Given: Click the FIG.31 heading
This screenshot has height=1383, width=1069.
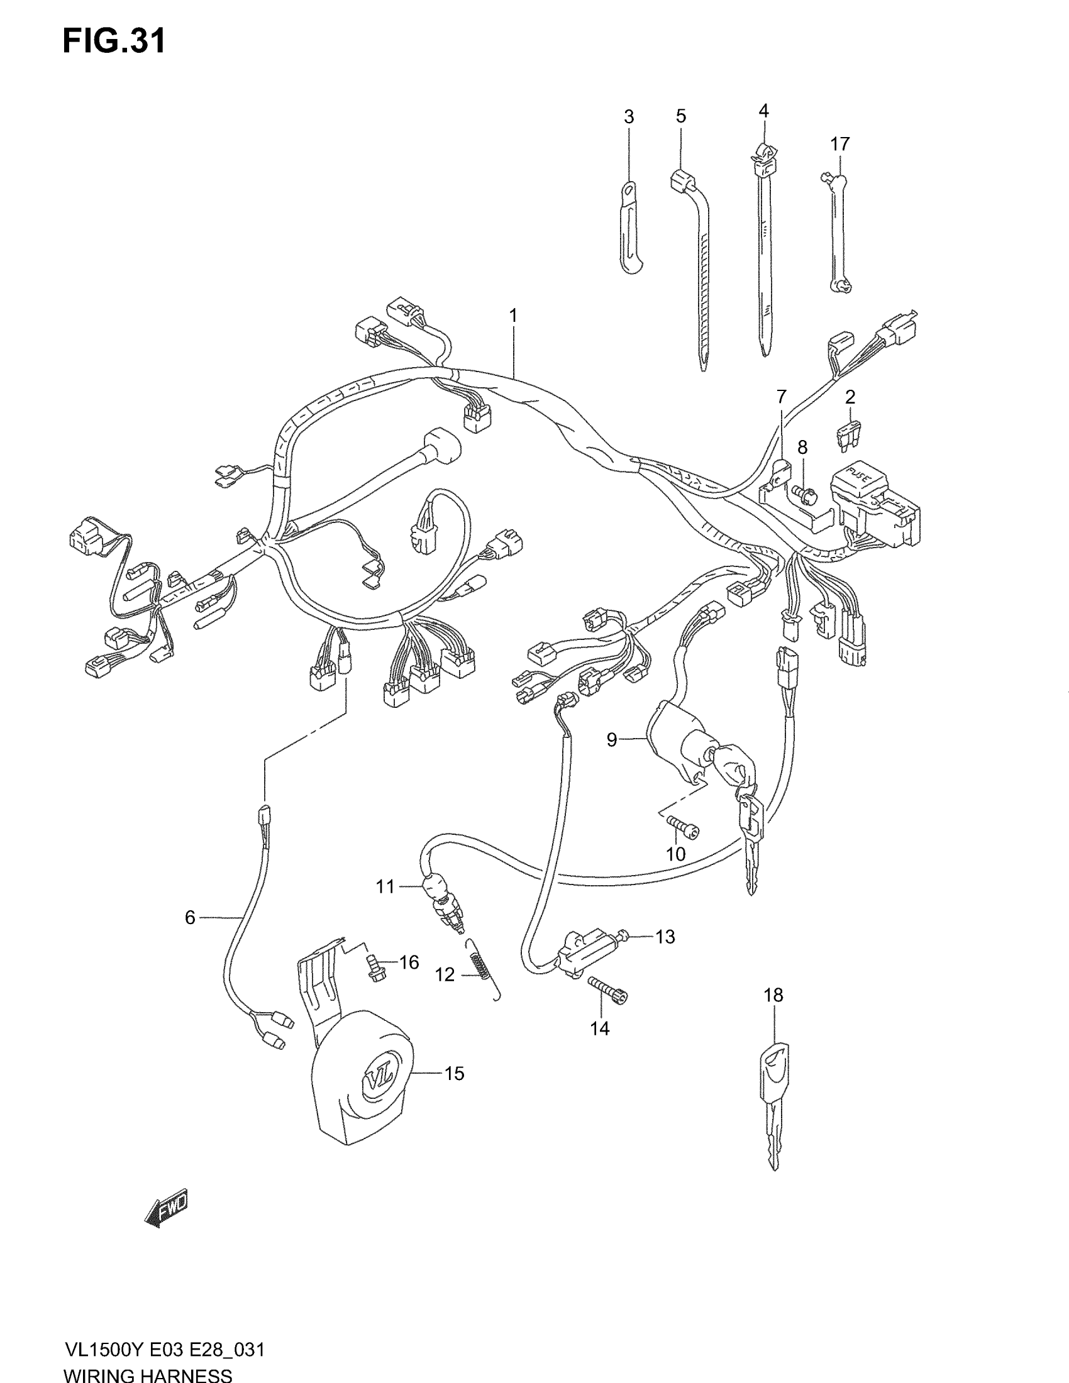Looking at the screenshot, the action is click(114, 41).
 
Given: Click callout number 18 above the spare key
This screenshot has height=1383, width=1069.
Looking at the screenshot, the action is click(773, 995).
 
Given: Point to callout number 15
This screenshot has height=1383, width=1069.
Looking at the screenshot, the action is click(454, 1073).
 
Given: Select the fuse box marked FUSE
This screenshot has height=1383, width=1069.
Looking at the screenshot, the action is click(877, 504).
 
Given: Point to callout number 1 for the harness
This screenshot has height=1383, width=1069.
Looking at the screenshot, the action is click(513, 316).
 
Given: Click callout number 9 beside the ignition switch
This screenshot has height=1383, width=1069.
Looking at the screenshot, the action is click(612, 739).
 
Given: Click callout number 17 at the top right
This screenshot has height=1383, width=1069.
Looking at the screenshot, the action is click(839, 145).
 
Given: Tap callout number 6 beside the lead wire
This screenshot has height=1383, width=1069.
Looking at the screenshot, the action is click(190, 917).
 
